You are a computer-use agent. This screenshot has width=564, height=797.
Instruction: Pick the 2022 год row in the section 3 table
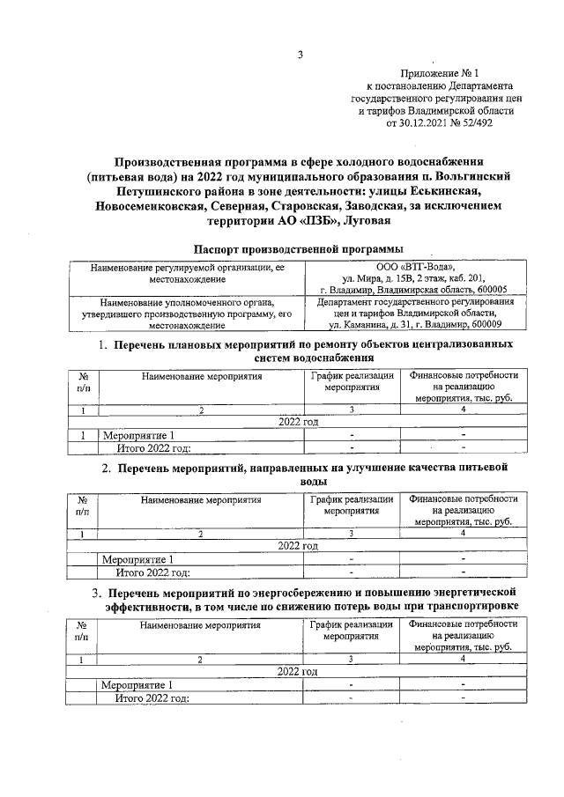pos(297,671)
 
